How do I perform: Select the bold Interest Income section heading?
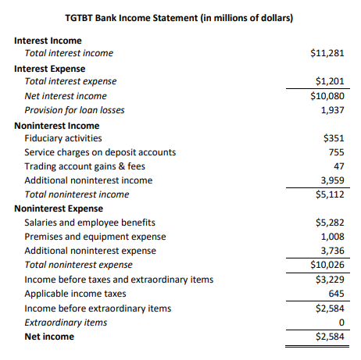(48, 41)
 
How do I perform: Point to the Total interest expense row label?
(70, 81)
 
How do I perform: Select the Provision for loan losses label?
(75, 110)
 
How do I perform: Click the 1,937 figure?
(333, 110)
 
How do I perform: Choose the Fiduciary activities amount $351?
(334, 138)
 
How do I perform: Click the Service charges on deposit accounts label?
(100, 152)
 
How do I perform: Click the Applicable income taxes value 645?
(336, 294)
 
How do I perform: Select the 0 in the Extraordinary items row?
(342, 323)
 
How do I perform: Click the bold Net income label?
(49, 337)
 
